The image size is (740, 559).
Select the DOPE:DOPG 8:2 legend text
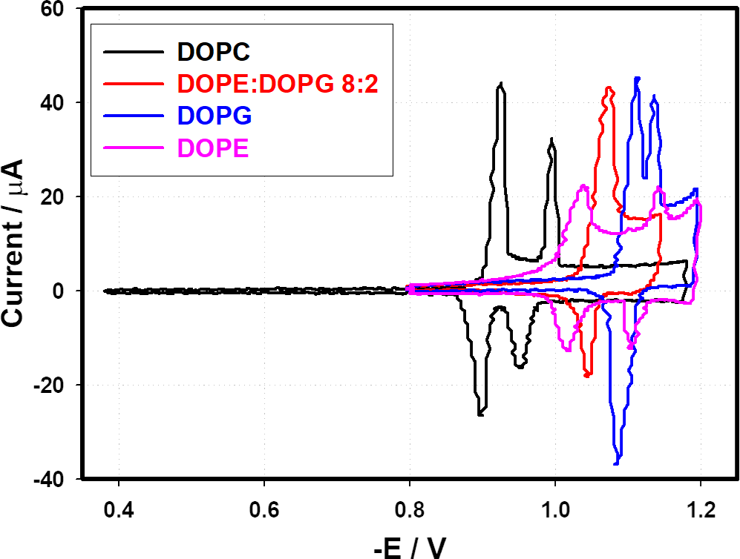coord(278,84)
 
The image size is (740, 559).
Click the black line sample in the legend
coord(134,53)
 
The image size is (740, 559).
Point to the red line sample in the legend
coord(134,84)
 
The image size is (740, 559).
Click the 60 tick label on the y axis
coord(56,9)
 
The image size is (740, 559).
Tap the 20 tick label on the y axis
coord(56,197)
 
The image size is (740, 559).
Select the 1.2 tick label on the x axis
coord(700,511)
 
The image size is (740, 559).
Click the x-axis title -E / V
coord(410,546)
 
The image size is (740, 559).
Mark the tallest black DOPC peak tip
coord(502,83)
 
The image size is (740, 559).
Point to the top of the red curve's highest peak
coord(609,87)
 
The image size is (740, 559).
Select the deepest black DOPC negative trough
coord(480,415)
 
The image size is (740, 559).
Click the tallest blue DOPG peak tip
coord(637,78)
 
